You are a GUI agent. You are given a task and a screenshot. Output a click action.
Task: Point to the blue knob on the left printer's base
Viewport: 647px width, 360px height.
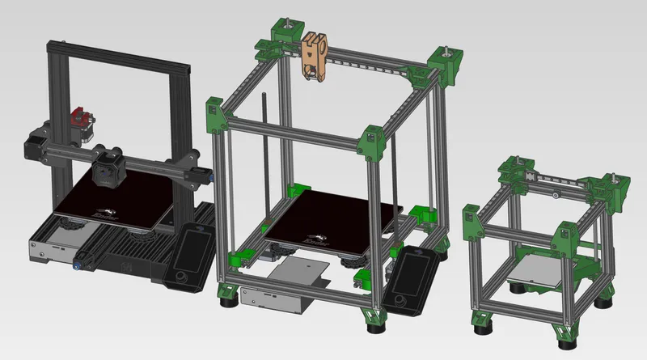click(x=79, y=261)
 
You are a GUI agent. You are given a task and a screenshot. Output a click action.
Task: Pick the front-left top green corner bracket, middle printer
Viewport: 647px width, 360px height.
click(x=216, y=114)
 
